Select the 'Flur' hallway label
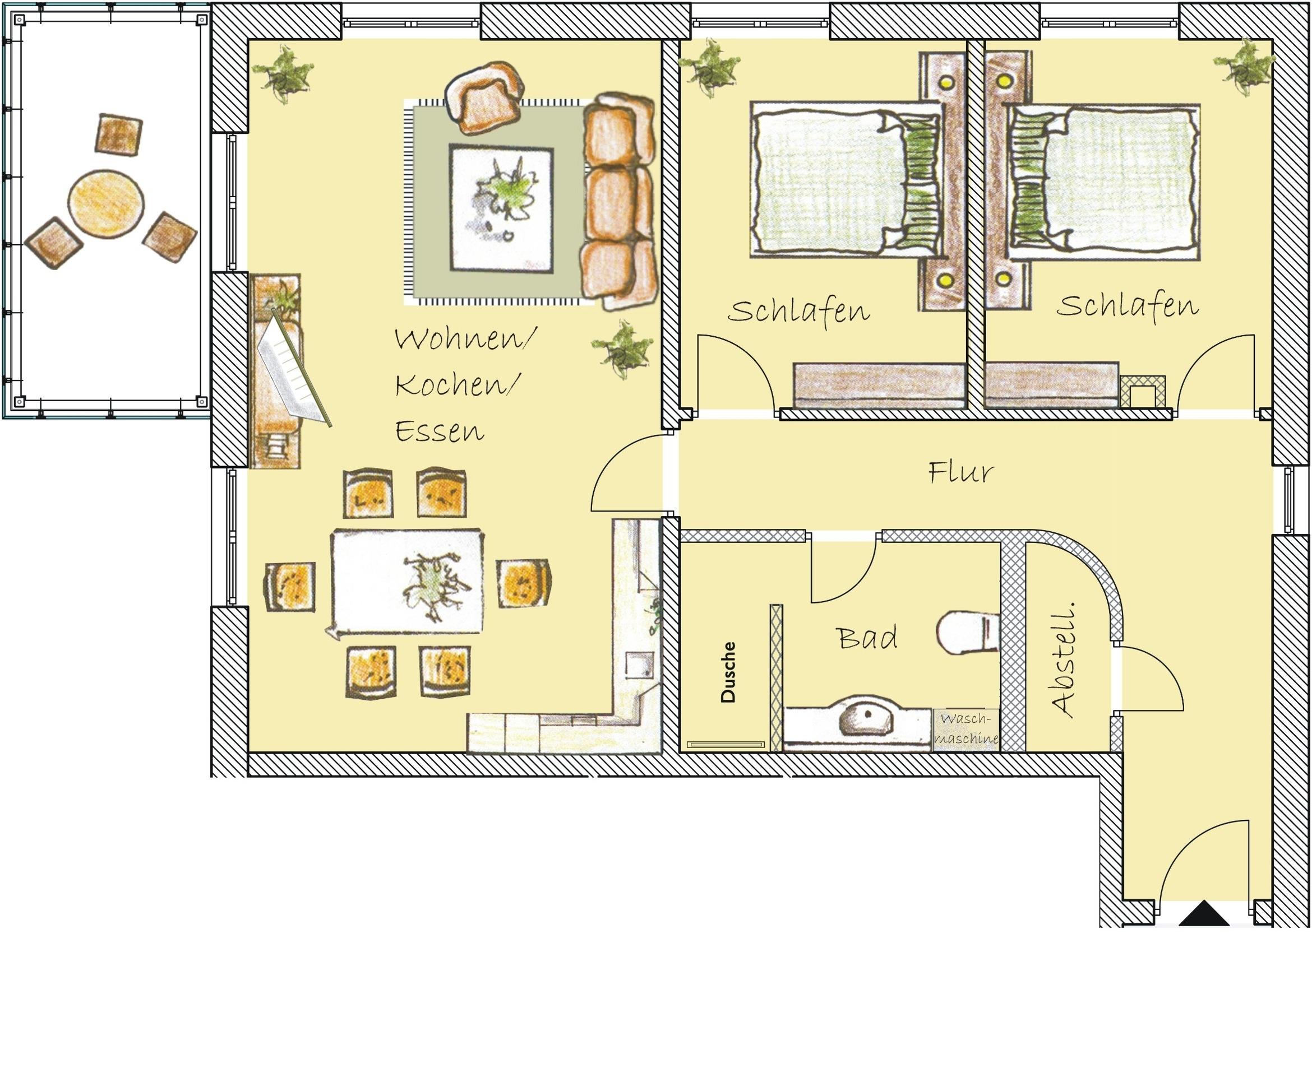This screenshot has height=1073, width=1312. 960,472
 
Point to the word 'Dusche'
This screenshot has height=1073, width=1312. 728,672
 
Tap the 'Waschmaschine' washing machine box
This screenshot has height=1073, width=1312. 965,730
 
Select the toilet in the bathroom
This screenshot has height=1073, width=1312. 968,631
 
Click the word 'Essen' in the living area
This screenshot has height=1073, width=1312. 439,431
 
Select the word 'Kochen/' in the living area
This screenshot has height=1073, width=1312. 457,385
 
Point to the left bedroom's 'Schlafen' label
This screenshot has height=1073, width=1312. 798,310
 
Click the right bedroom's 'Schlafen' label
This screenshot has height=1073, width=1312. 1127,306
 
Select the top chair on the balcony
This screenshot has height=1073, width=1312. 119,134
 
